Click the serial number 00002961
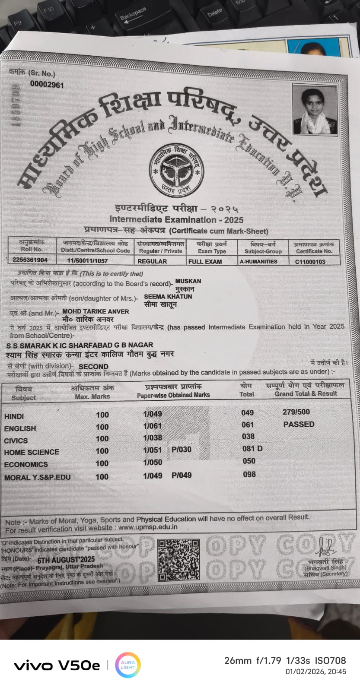(x=47, y=85)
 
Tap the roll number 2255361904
(x=28, y=260)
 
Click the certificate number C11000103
(x=310, y=261)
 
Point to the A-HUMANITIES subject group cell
(x=258, y=261)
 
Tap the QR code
(x=178, y=560)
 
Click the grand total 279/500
(x=296, y=412)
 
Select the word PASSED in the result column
(x=299, y=424)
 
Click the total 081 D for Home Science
(x=252, y=449)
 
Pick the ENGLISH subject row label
(x=20, y=428)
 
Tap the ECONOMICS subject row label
(x=26, y=465)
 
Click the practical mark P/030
(x=181, y=450)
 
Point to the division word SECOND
(x=93, y=366)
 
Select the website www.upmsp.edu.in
(x=147, y=527)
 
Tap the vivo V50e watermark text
(x=57, y=666)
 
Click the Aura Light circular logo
(x=128, y=665)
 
